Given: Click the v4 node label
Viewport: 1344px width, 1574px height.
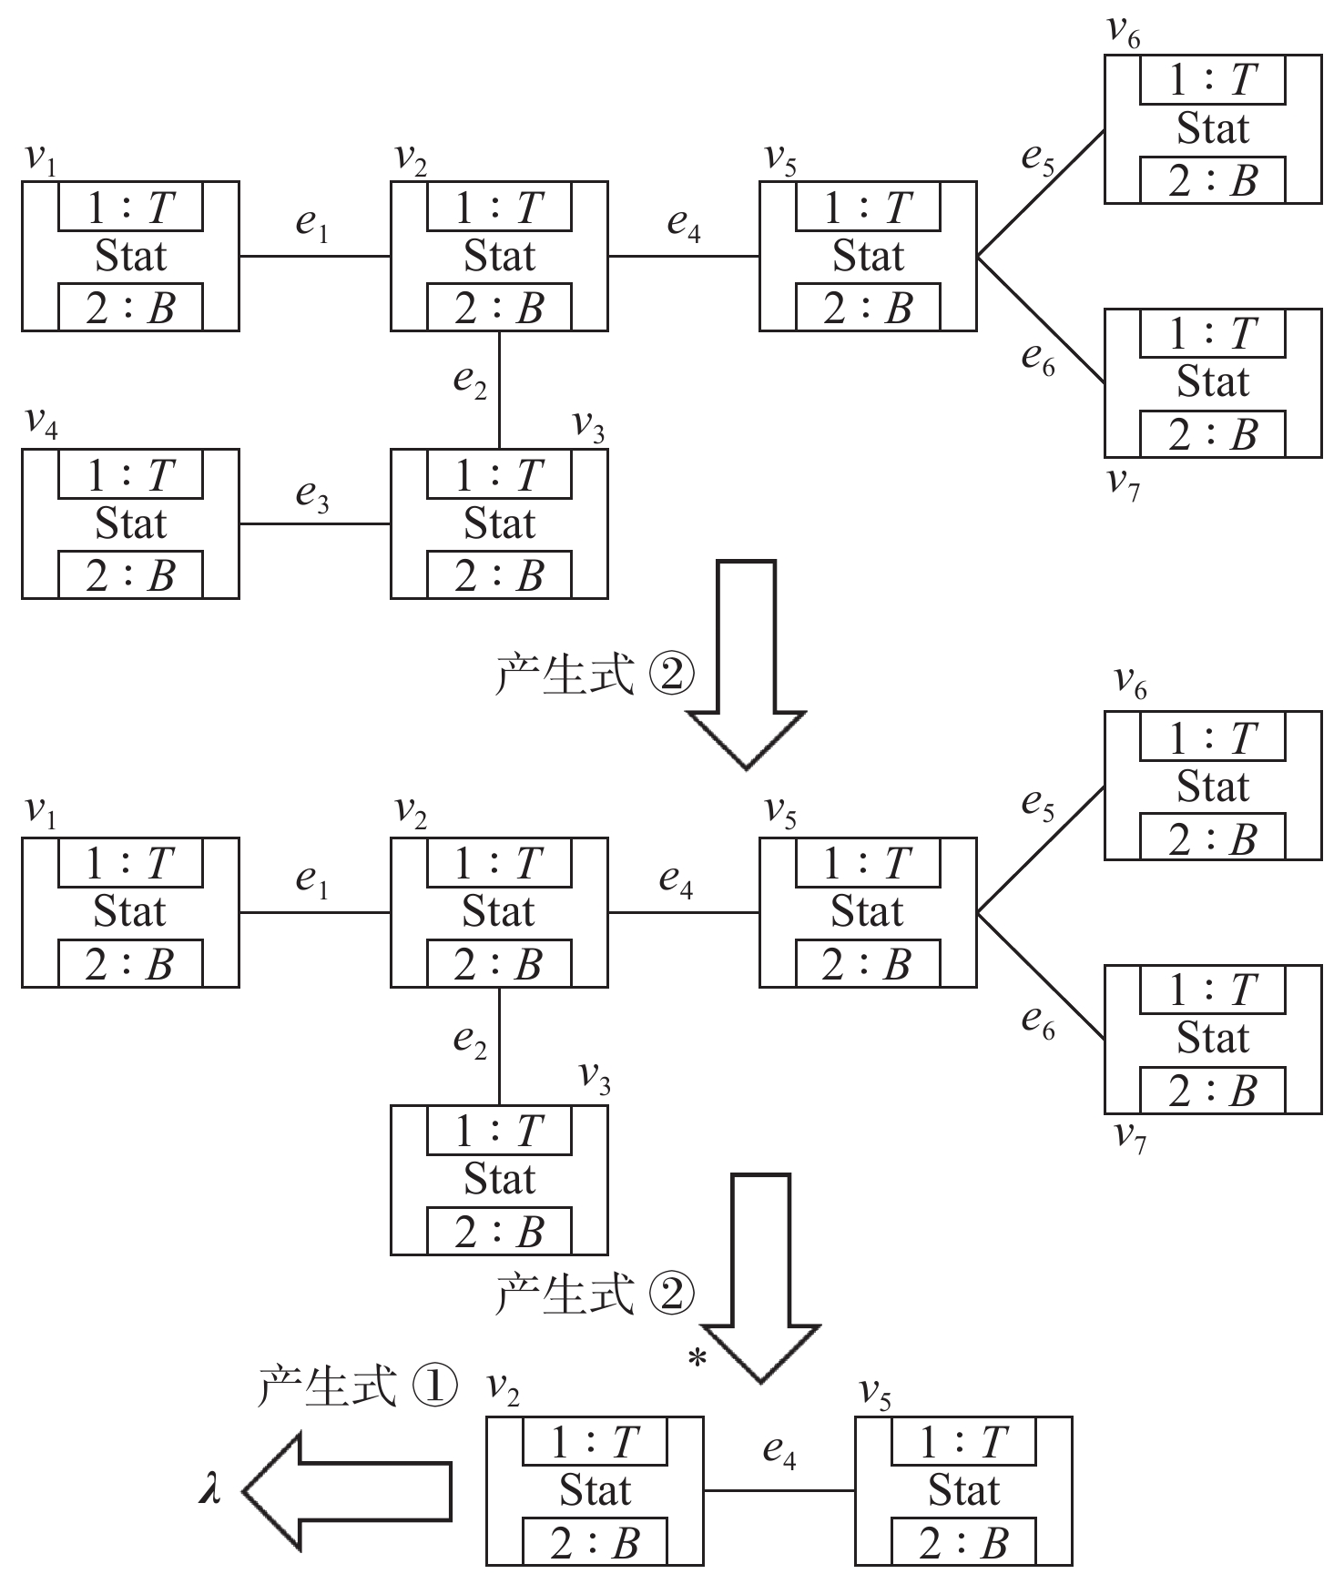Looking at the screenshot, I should (41, 423).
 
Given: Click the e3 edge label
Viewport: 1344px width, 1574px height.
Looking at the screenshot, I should (312, 496).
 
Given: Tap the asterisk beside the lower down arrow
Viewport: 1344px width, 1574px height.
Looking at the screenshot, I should (697, 1360).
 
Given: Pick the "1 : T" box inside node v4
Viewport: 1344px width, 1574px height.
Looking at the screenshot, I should (130, 475).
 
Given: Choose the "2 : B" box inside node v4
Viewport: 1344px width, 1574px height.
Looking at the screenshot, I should (130, 575).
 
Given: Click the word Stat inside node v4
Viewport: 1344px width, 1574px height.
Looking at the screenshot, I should (130, 524).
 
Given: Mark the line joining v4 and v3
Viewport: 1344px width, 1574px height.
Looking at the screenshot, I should (314, 524).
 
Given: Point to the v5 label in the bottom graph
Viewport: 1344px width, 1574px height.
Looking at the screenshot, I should (875, 1393).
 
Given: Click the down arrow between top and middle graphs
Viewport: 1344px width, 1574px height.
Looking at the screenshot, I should (747, 665).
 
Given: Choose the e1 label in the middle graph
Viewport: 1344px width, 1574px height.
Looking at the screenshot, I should (312, 880).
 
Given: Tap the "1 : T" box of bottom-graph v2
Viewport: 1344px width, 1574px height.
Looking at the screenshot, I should (595, 1442).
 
